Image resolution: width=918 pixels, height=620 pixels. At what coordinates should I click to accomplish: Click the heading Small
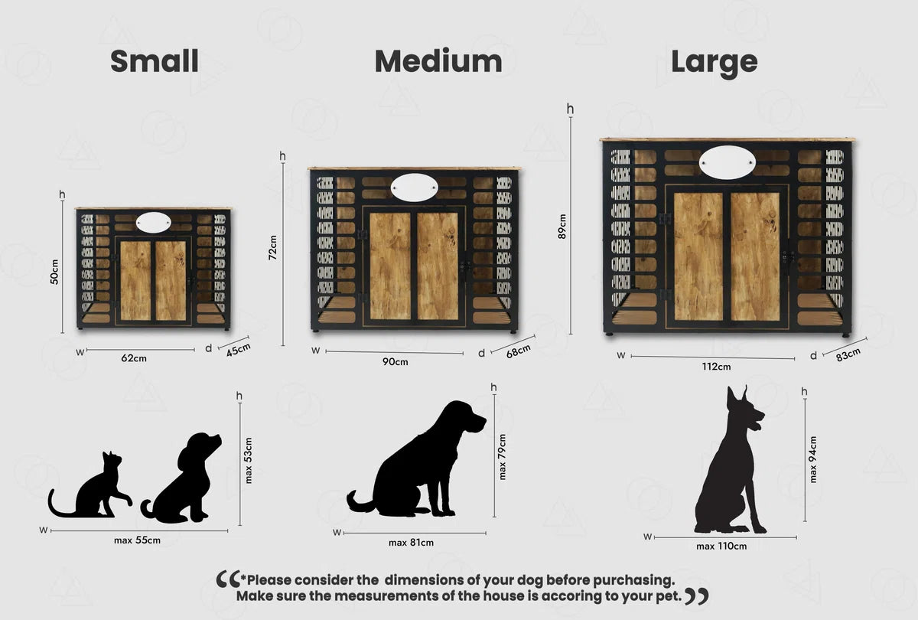pos(155,61)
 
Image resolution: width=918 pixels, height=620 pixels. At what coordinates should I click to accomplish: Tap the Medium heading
pos(438,61)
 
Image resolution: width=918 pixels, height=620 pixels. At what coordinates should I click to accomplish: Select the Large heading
pos(715,63)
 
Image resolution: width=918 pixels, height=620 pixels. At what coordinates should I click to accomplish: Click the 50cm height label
pos(54,272)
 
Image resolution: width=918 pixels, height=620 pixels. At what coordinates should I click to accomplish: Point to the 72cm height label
pos(272,247)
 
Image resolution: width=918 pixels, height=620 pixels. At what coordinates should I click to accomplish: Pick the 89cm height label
pos(562,227)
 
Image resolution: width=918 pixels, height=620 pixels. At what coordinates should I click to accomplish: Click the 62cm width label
pos(134,358)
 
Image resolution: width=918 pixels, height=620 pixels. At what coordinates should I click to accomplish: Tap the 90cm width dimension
pos(395,361)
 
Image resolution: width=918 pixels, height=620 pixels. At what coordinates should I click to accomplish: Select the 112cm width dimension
pos(716,367)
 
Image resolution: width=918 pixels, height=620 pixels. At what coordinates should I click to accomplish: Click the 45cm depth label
pos(238,350)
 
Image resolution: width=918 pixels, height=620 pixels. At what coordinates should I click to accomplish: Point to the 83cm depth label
pos(848,354)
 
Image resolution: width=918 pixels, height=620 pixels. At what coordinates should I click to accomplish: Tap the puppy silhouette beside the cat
pos(181,478)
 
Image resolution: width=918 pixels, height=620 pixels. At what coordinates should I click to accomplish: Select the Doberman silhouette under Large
pos(730,460)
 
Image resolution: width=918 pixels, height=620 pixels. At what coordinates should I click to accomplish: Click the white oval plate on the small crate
pos(154,222)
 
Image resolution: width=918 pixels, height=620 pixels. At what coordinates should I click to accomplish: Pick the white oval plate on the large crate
pos(727,162)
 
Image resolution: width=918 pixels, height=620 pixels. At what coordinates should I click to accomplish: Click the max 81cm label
pos(411,543)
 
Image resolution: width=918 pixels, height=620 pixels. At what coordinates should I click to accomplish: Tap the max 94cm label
pos(813,459)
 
